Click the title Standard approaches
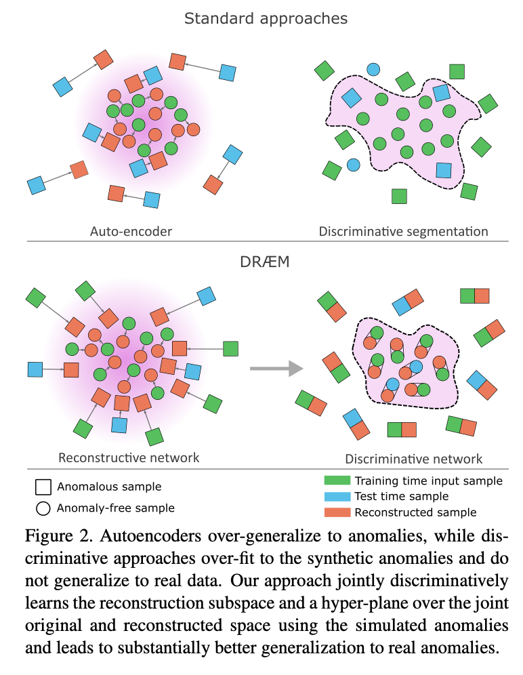[266, 19]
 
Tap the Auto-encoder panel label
[131, 232]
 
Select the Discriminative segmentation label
[403, 232]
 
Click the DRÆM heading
[265, 262]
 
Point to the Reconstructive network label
[129, 457]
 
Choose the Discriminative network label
[414, 459]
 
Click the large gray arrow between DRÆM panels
[277, 369]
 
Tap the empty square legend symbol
[43, 487]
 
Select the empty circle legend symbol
[43, 508]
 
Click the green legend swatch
[337, 480]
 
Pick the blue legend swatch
[337, 496]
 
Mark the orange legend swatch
[337, 512]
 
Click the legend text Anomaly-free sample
[116, 508]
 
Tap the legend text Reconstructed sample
[415, 512]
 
